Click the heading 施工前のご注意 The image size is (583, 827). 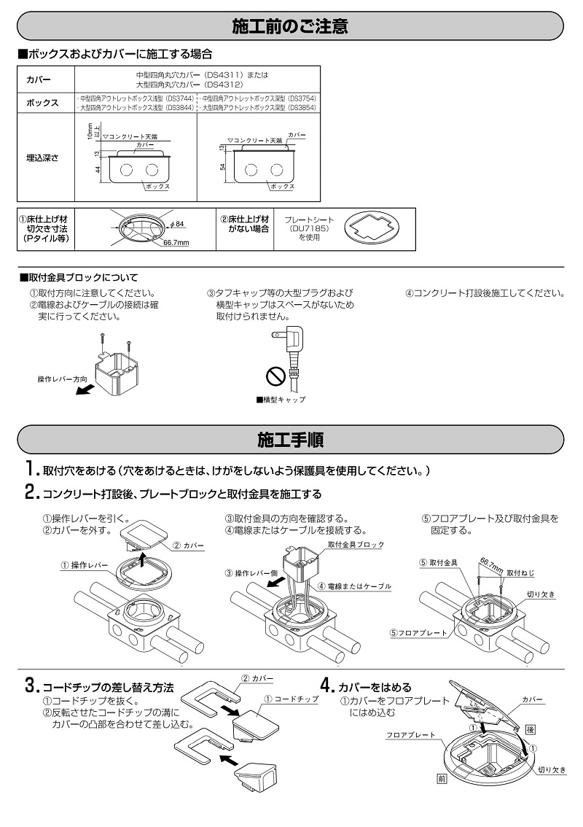(x=290, y=27)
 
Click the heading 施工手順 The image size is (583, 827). (x=290, y=440)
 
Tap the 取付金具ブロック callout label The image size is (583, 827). (x=355, y=545)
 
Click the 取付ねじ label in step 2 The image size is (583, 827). (x=522, y=572)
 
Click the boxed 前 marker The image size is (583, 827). (x=442, y=779)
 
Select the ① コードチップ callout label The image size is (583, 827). (x=291, y=699)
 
